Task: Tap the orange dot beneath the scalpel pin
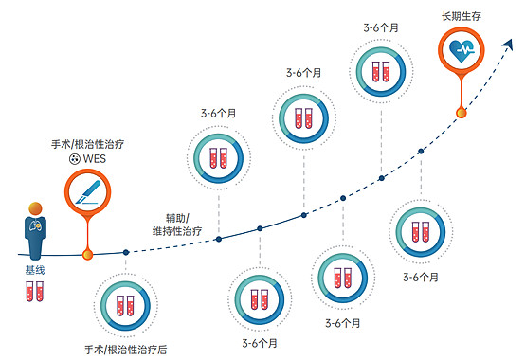[x=87, y=254]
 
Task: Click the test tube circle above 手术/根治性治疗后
[x=126, y=305]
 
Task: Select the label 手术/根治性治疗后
[x=126, y=348]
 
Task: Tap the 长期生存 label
[x=462, y=17]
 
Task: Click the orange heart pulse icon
[x=462, y=52]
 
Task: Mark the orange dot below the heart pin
[x=462, y=113]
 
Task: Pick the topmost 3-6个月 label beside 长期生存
[x=381, y=27]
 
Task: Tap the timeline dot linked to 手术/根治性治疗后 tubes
[x=126, y=252]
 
